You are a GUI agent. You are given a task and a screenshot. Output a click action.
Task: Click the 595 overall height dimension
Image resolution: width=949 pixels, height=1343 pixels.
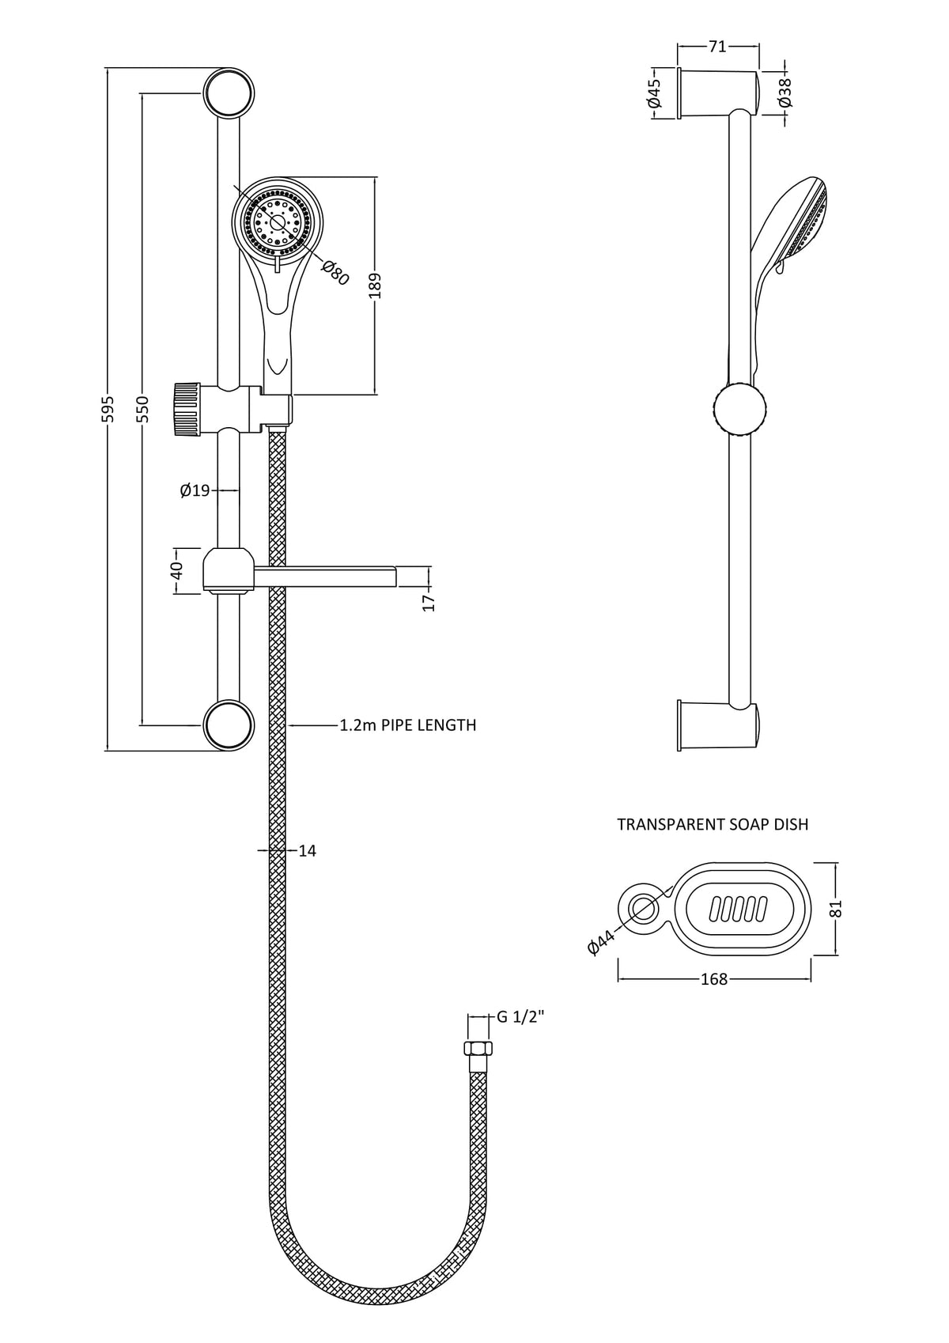pyautogui.click(x=109, y=409)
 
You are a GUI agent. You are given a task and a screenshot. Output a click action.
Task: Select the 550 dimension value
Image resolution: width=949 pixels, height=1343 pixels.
pyautogui.click(x=142, y=409)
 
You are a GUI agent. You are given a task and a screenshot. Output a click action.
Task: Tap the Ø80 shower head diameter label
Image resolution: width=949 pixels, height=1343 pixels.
pyautogui.click(x=335, y=271)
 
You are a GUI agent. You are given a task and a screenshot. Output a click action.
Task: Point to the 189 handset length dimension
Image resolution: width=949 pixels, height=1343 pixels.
pyautogui.click(x=375, y=286)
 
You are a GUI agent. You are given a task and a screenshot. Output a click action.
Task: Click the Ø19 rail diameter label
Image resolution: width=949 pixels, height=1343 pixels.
pyautogui.click(x=195, y=491)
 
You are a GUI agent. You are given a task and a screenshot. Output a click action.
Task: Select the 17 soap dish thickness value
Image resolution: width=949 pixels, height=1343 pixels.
pyautogui.click(x=429, y=602)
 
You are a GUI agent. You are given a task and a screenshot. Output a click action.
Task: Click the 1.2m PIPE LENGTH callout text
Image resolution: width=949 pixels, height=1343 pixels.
pyautogui.click(x=408, y=725)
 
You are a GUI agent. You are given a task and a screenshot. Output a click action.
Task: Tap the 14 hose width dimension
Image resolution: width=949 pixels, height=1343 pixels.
pyautogui.click(x=308, y=851)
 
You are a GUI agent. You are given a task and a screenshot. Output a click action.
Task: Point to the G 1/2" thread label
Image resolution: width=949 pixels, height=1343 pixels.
pyautogui.click(x=520, y=1017)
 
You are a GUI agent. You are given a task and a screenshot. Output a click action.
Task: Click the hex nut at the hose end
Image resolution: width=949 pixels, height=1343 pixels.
pyautogui.click(x=478, y=1049)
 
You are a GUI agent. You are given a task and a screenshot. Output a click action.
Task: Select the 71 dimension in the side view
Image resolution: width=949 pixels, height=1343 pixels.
pyautogui.click(x=716, y=47)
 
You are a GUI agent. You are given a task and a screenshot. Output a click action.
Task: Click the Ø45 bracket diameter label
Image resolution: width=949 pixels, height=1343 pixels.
pyautogui.click(x=654, y=93)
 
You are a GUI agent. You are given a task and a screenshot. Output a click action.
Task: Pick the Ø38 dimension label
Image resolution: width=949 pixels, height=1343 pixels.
pyautogui.click(x=785, y=93)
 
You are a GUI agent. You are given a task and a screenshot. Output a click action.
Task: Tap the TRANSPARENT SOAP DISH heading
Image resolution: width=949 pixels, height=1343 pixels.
pyautogui.click(x=713, y=824)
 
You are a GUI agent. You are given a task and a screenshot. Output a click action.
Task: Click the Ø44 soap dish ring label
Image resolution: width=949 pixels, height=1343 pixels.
pyautogui.click(x=603, y=943)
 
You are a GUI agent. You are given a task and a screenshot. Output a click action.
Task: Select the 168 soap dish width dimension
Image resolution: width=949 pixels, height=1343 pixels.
pyautogui.click(x=713, y=980)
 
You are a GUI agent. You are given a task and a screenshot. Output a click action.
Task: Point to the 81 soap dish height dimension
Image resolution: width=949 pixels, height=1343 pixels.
pyautogui.click(x=837, y=908)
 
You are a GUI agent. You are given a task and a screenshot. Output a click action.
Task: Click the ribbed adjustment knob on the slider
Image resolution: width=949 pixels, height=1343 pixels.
pyautogui.click(x=187, y=408)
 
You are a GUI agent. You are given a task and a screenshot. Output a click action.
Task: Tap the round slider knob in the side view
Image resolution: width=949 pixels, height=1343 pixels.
pyautogui.click(x=739, y=409)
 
